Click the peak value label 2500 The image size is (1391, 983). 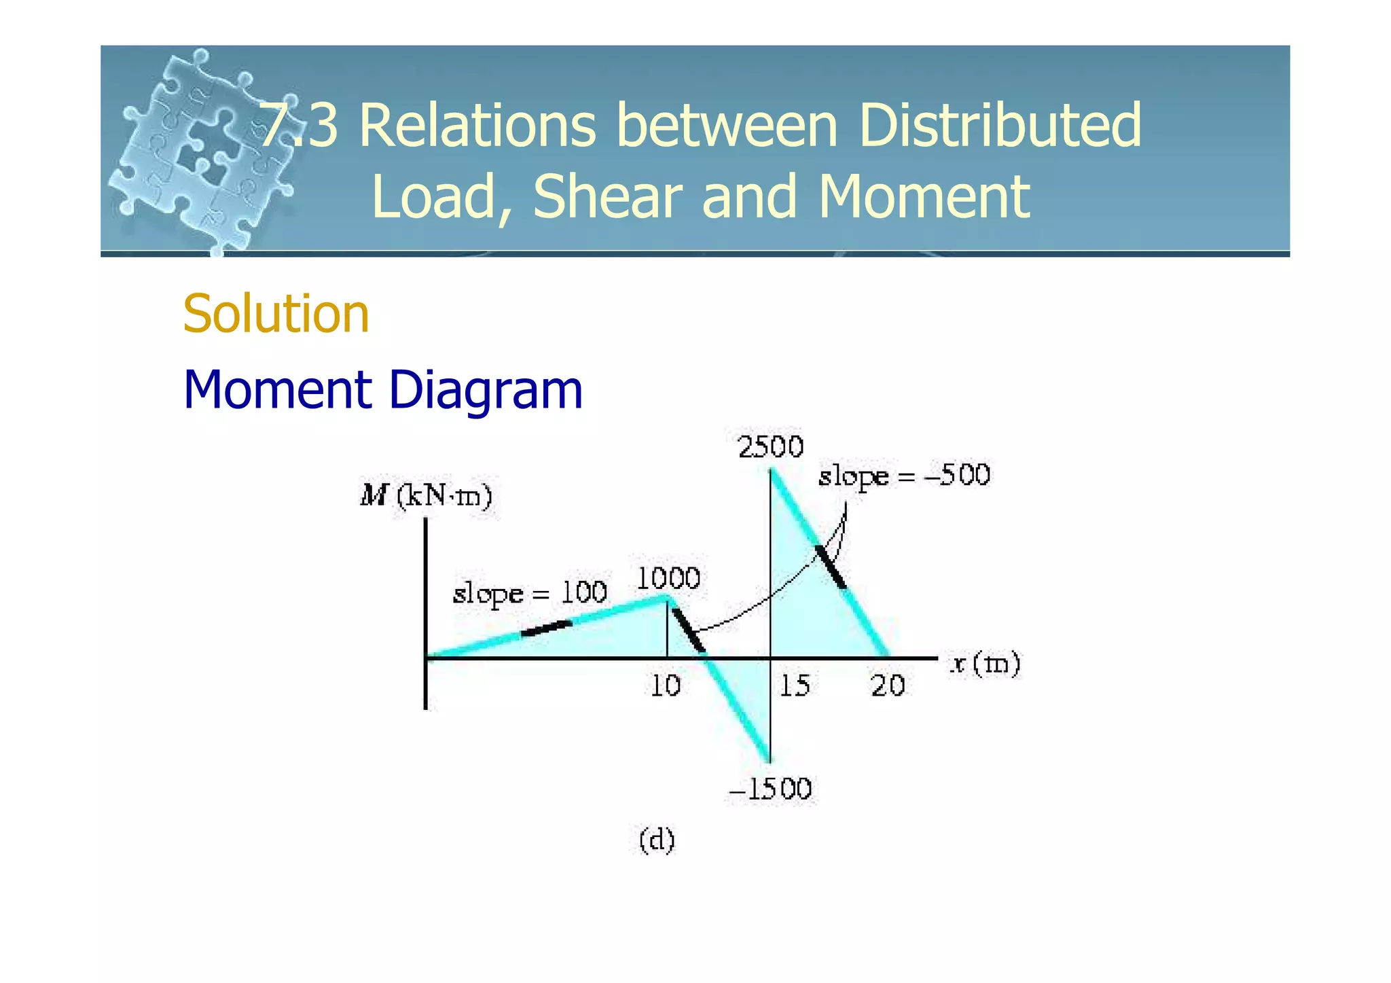coord(770,448)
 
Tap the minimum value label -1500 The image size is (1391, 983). coord(770,789)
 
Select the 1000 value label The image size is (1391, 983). coord(668,579)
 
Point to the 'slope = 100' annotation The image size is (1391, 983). coord(529,593)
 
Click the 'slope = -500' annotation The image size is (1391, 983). coord(904,476)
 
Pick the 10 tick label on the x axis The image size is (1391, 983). coord(666,686)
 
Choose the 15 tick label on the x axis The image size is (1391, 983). coord(794,686)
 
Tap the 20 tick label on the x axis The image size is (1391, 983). coord(888,686)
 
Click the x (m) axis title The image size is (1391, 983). coord(985,663)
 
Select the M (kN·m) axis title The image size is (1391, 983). coord(426,496)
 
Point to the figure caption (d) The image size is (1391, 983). coord(657,840)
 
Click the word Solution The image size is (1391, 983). coord(276,314)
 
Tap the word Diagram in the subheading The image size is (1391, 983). coord(485,390)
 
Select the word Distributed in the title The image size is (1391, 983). coord(1000,125)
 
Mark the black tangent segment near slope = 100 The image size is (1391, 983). coord(546,628)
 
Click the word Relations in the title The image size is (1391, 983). coord(477,125)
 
